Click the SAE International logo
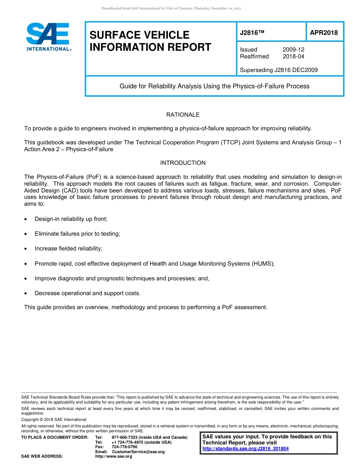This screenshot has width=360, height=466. click(x=48, y=37)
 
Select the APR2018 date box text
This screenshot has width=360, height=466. click(x=324, y=33)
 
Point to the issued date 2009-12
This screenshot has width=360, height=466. click(x=293, y=50)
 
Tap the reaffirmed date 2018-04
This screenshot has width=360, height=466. click(x=293, y=56)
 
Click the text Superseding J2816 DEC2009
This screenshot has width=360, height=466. click(x=279, y=70)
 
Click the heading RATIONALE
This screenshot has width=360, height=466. click(x=183, y=115)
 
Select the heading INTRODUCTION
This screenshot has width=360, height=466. click(x=183, y=163)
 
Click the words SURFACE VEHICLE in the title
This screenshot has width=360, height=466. click(x=139, y=35)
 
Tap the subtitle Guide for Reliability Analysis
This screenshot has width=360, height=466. click(x=214, y=86)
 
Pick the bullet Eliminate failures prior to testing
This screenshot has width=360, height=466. click(x=77, y=234)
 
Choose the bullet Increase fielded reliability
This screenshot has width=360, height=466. click(x=68, y=249)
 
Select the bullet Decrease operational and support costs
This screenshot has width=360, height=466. click(x=87, y=293)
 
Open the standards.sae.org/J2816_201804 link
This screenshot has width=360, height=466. click(x=245, y=449)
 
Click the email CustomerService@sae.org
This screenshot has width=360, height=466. click(x=136, y=452)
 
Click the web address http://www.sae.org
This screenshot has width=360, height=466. click(x=113, y=457)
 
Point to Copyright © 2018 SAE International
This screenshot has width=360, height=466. click(x=53, y=419)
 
